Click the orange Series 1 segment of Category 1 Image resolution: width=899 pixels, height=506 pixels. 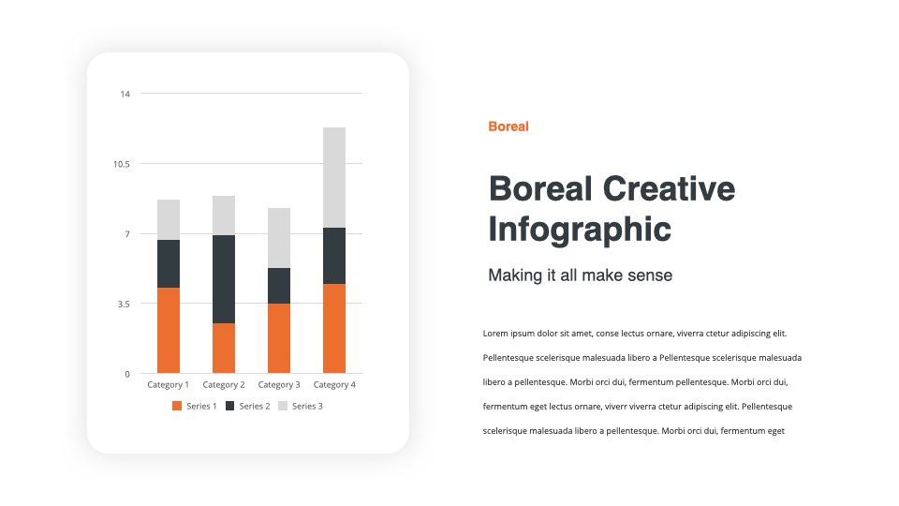tap(169, 330)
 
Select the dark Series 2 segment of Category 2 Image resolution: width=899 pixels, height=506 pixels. tap(224, 279)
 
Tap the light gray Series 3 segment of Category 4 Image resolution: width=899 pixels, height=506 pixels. tap(334, 177)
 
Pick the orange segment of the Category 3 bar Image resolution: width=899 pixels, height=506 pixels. tap(279, 338)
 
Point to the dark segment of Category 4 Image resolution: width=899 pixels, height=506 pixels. tap(334, 256)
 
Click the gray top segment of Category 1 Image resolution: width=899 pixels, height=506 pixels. tap(169, 219)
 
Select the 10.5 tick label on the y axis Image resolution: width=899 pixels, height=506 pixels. tap(122, 164)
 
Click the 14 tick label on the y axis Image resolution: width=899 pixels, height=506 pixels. tap(125, 94)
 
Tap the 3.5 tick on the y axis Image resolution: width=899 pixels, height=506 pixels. tap(124, 304)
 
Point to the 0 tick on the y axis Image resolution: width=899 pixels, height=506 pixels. tap(127, 374)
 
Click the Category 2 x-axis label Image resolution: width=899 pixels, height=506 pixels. tap(224, 385)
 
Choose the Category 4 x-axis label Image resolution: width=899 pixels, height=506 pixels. tap(334, 385)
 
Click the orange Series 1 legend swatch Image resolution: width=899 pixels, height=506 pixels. tap(177, 406)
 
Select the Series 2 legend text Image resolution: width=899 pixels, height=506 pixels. tap(255, 406)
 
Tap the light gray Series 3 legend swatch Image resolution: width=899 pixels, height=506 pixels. tap(283, 406)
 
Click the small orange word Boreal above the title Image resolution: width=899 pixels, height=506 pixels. tap(508, 126)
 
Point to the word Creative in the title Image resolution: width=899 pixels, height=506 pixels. tap(669, 188)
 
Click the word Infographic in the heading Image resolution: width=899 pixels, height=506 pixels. tap(580, 230)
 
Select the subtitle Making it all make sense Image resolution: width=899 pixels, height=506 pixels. tap(581, 275)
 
